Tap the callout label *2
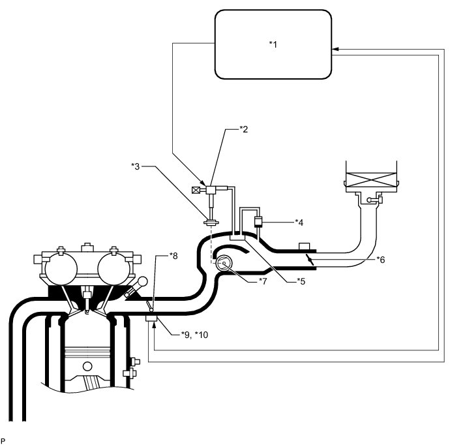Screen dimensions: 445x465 point(244,129)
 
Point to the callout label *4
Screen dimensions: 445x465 point(299,222)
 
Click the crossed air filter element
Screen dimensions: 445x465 point(369,178)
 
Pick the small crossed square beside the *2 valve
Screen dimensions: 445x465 point(196,191)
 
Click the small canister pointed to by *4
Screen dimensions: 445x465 point(258,222)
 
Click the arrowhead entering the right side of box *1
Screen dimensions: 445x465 point(335,49)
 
